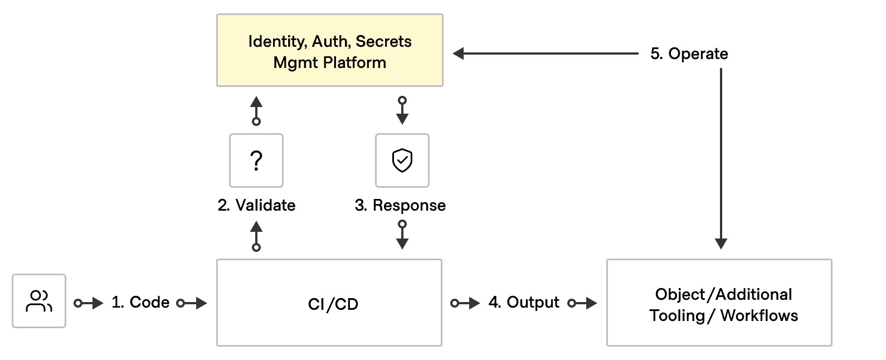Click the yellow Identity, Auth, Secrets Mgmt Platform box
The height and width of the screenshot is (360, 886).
click(x=329, y=50)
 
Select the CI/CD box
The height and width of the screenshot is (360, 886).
click(x=329, y=303)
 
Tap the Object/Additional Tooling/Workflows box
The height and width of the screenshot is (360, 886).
click(x=719, y=303)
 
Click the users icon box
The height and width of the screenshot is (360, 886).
click(x=39, y=301)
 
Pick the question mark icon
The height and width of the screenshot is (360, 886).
click(x=256, y=160)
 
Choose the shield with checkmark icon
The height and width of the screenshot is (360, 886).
click(x=402, y=160)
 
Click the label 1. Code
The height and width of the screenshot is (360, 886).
click(x=140, y=302)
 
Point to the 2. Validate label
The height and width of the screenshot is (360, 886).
click(x=256, y=205)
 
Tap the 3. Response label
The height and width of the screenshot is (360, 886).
click(x=400, y=206)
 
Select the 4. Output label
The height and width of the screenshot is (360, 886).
click(x=524, y=302)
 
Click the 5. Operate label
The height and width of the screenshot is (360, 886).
click(x=689, y=54)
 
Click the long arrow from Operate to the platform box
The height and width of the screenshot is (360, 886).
click(x=546, y=53)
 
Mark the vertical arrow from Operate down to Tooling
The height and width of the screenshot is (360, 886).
click(x=721, y=159)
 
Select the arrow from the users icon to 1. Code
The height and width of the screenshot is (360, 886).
click(x=89, y=303)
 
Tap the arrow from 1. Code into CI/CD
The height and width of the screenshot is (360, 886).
click(x=192, y=303)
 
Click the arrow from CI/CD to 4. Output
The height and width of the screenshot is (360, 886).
click(x=465, y=303)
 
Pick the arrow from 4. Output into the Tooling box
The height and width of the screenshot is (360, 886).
click(x=582, y=303)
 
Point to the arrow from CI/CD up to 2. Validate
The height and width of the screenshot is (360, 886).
click(x=256, y=237)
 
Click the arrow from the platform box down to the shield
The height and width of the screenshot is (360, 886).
click(x=402, y=110)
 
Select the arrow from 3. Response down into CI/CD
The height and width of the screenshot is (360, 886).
click(x=402, y=235)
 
